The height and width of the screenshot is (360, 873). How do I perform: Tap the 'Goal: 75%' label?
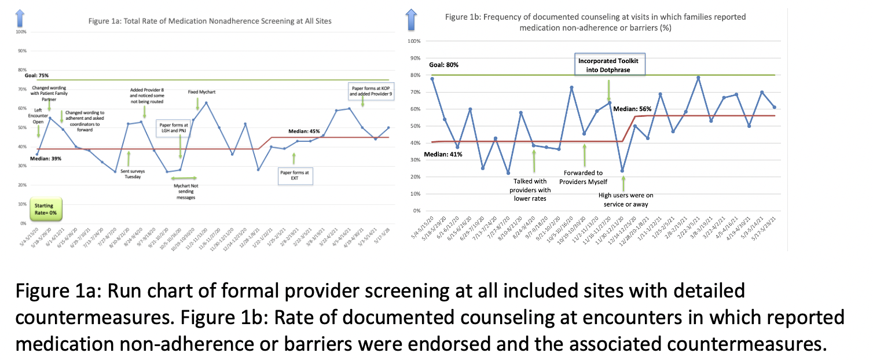coord(36,75)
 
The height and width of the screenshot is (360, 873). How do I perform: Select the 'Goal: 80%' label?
coord(443,65)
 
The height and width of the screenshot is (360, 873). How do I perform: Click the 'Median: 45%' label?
coord(305,131)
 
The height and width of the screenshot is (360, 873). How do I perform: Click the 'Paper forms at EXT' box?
coord(295,175)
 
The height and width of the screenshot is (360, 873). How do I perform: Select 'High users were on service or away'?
coord(625,200)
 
